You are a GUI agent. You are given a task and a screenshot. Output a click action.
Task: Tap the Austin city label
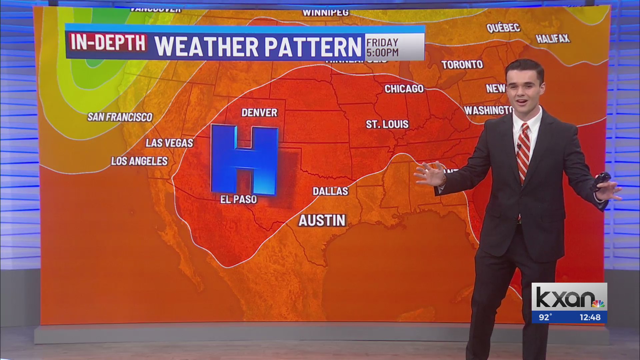tap(322, 221)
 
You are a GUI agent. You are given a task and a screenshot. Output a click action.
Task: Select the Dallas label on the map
tap(330, 191)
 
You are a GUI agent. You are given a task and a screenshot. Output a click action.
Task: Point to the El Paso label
tap(239, 200)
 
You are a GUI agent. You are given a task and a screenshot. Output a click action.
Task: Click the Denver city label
tap(259, 113)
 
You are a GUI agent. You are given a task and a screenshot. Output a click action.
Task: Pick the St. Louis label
tap(387, 124)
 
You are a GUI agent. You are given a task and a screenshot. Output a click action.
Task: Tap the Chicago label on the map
tap(404, 89)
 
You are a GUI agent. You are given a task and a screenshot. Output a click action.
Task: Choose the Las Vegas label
tap(169, 143)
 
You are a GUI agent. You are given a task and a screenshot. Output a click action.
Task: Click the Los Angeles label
tap(139, 161)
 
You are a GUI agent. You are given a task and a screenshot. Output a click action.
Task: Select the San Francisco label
tap(120, 117)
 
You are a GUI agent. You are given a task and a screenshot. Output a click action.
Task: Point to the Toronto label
tap(462, 65)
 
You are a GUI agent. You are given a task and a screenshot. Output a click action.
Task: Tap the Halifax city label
tap(553, 39)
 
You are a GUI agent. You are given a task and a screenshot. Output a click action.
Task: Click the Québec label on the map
tap(503, 28)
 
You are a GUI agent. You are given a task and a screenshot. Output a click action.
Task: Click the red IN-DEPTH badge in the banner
tap(108, 43)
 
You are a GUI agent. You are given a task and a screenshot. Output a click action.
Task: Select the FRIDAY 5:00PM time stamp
tap(382, 47)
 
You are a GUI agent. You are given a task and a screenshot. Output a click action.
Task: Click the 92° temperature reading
tap(545, 317)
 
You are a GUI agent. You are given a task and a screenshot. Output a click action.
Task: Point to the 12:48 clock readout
tap(590, 317)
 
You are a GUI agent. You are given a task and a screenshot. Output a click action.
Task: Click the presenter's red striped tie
tap(523, 150)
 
